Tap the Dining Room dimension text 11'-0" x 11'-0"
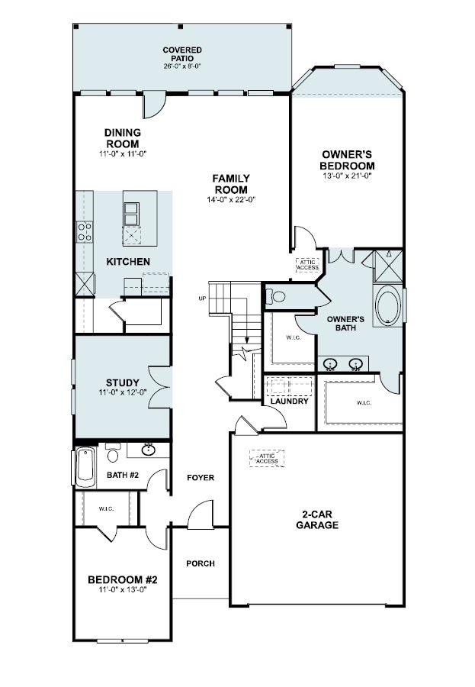coord(122,153)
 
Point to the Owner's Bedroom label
coord(347,160)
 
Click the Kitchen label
coord(127,262)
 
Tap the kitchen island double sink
coord(132,214)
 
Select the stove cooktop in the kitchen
coord(83,231)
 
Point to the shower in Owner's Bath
coord(388,264)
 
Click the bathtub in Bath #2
coord(85,466)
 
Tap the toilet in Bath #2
coord(113,454)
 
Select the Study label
coord(120,382)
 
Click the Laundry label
coord(289,401)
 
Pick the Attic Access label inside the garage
coord(267,458)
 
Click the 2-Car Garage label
coord(318,520)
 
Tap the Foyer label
coord(201,478)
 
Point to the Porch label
coord(201,563)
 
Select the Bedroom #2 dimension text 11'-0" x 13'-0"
coord(122,589)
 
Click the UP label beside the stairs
coord(202,298)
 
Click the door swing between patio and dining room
coord(154,104)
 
